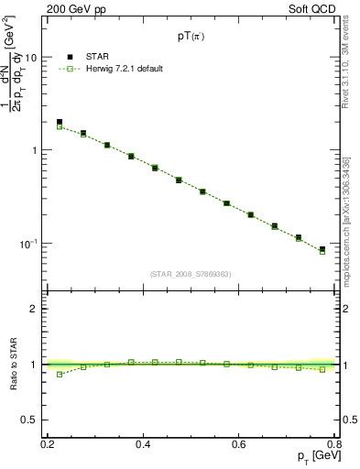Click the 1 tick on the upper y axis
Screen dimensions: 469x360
coord(36,150)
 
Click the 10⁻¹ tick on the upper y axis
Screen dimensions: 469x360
coord(29,244)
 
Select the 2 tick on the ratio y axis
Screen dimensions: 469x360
coord(36,309)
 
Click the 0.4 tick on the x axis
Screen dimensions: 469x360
coord(143,443)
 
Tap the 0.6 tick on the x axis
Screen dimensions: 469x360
coord(238,443)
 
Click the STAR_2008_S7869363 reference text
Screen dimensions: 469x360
coord(190,274)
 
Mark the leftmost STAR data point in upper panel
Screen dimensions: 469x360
coord(60,122)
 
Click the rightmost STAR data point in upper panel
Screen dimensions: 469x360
coord(322,249)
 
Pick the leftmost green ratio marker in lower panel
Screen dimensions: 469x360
coord(60,374)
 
